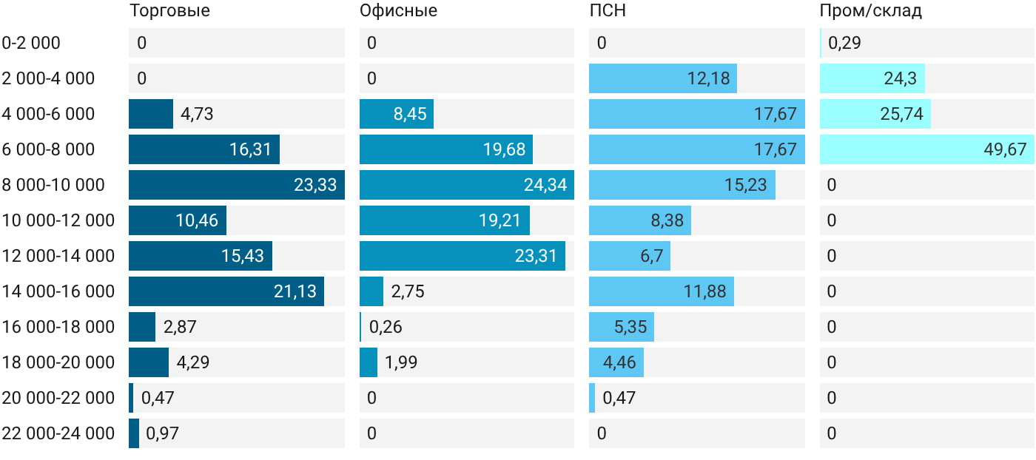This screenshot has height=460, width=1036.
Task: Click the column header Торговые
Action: (169, 10)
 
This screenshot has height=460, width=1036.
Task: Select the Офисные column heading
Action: (398, 10)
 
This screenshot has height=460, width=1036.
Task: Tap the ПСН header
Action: (608, 10)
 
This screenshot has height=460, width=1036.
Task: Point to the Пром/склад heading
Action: (871, 10)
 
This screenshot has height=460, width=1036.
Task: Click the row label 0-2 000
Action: (31, 43)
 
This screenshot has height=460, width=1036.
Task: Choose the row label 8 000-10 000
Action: (53, 185)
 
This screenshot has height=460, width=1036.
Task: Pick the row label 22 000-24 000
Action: (58, 433)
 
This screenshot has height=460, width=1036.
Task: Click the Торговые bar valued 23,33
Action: (237, 185)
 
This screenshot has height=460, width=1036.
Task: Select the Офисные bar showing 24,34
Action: (467, 185)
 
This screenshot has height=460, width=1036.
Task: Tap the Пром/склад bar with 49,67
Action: (926, 149)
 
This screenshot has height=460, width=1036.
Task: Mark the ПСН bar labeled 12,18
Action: (663, 78)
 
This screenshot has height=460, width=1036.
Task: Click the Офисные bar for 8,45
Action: (397, 114)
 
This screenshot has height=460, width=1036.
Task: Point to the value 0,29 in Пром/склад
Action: (844, 43)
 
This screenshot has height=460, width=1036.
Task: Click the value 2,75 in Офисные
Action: (408, 291)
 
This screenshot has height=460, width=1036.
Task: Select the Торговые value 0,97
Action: (162, 433)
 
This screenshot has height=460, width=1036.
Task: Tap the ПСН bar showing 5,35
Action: (622, 327)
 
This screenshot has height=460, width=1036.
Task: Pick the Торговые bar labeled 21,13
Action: (226, 291)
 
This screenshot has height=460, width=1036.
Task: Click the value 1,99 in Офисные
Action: (401, 362)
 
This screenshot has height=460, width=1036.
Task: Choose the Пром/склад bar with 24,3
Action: (872, 78)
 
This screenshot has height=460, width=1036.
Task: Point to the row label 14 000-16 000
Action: (58, 291)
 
